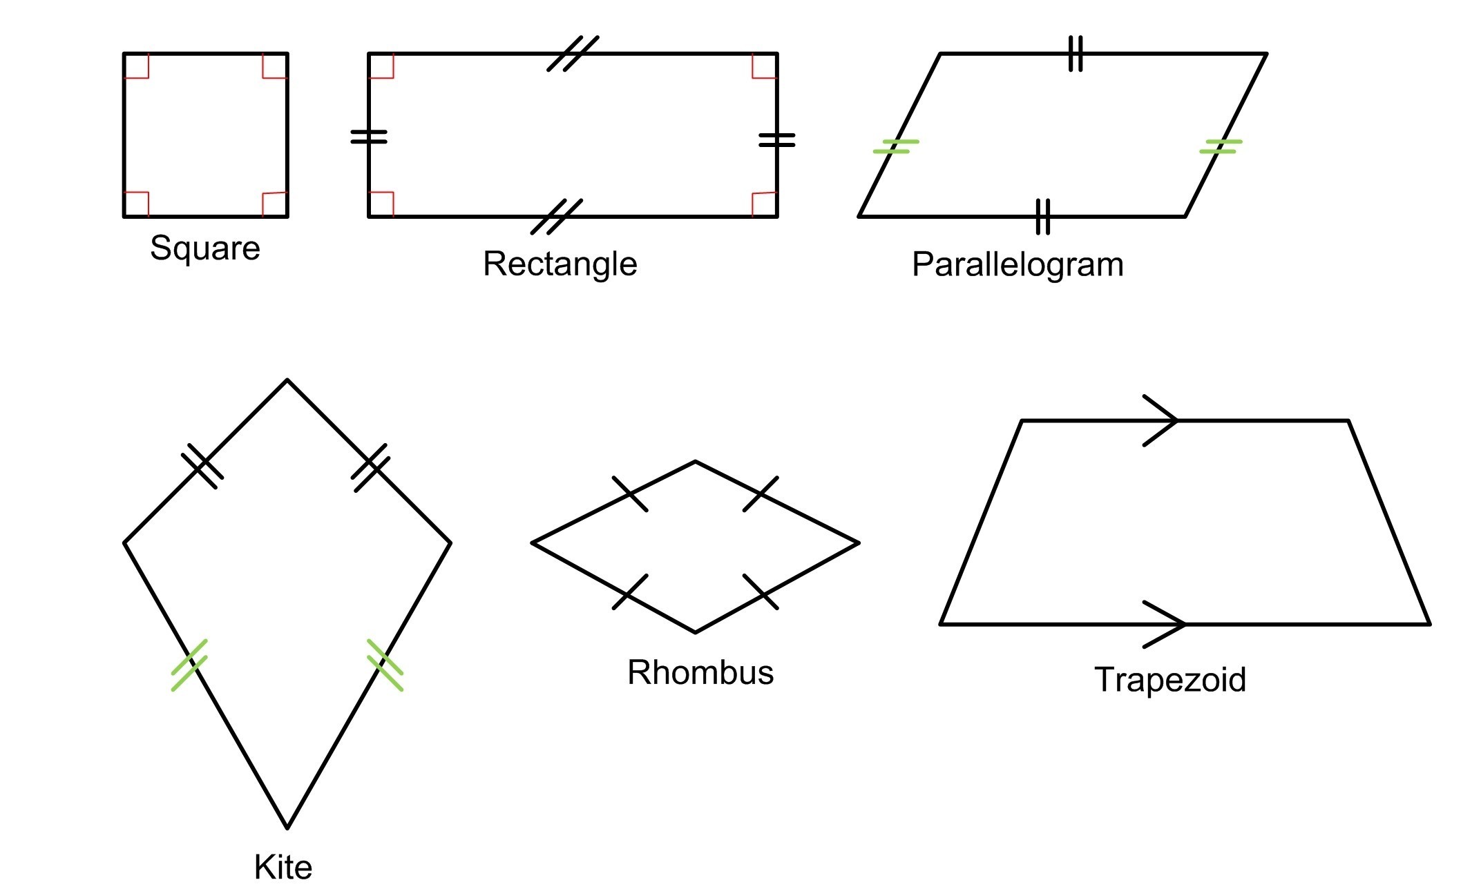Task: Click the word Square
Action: [x=204, y=248]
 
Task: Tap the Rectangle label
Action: [x=560, y=264]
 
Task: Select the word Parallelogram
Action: [x=1017, y=264]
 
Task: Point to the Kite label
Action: [x=283, y=866]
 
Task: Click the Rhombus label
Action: [x=700, y=672]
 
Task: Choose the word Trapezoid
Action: [x=1170, y=680]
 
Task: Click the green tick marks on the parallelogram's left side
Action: [x=896, y=146]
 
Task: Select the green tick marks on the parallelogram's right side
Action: [x=1221, y=146]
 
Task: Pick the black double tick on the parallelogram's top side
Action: [x=1076, y=54]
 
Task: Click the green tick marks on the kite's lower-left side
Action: [x=189, y=665]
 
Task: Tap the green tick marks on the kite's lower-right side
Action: [x=385, y=665]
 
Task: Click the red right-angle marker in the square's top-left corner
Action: [x=136, y=66]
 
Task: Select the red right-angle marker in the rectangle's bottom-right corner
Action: [x=765, y=204]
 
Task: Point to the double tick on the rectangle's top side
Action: [x=573, y=54]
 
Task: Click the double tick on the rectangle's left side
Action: [x=369, y=137]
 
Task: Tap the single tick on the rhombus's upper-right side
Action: [x=761, y=494]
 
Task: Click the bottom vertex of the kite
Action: [x=287, y=827]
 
